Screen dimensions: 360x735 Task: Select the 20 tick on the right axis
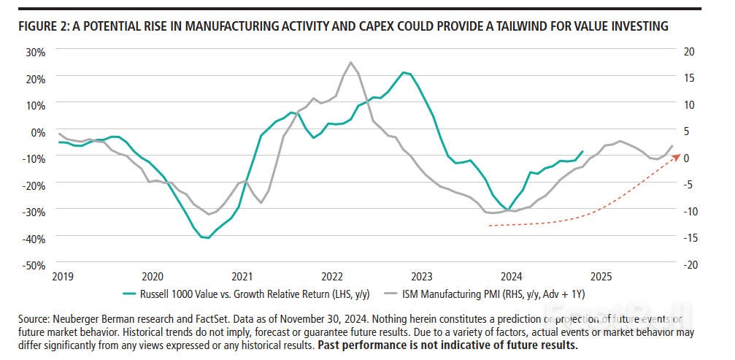click(x=690, y=52)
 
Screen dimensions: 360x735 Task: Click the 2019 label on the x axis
click(x=63, y=277)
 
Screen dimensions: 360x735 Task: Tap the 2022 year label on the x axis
click(x=332, y=277)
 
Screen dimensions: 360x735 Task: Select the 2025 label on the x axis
click(x=601, y=277)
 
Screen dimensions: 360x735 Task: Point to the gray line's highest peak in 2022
click(x=350, y=62)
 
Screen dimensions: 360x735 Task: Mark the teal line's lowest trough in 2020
click(x=208, y=237)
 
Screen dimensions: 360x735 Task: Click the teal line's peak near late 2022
click(x=404, y=72)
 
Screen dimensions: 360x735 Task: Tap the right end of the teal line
click(x=582, y=152)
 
